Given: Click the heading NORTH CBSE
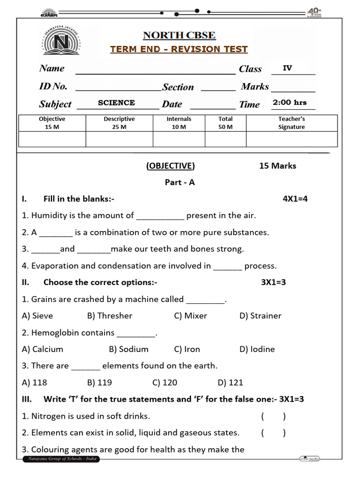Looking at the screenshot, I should (x=179, y=36).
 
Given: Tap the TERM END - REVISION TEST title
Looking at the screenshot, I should (x=179, y=49).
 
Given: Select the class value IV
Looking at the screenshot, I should (x=287, y=68).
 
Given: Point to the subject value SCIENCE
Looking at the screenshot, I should (x=116, y=103).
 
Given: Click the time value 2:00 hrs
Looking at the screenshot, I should (x=290, y=103).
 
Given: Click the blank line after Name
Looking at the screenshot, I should (x=155, y=70).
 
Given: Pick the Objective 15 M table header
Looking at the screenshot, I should (x=52, y=123).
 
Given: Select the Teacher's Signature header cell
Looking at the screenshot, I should (x=291, y=123).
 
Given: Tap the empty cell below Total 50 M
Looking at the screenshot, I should (x=225, y=139).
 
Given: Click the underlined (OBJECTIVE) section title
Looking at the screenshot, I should (x=170, y=165).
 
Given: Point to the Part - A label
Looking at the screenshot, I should (x=180, y=182).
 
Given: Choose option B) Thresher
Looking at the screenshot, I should (x=110, y=315).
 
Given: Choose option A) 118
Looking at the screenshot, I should (x=34, y=382).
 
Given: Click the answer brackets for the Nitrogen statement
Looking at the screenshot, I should (x=273, y=416).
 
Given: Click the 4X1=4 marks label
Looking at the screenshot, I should (x=295, y=199).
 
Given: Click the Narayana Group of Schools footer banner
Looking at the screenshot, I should (x=61, y=459).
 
